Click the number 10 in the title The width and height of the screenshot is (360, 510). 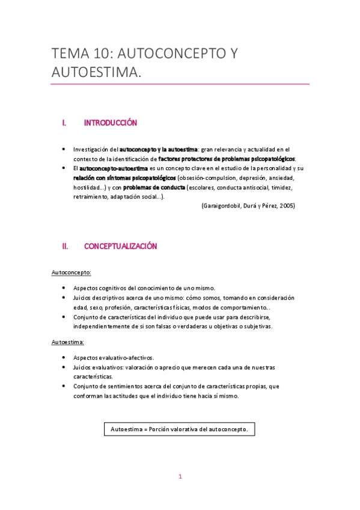99,55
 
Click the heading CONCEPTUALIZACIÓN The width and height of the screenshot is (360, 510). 120,247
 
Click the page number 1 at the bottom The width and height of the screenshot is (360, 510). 180,477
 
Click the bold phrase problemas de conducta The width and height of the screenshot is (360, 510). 154,187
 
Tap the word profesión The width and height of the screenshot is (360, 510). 127,307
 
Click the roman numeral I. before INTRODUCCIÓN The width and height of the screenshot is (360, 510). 64,123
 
